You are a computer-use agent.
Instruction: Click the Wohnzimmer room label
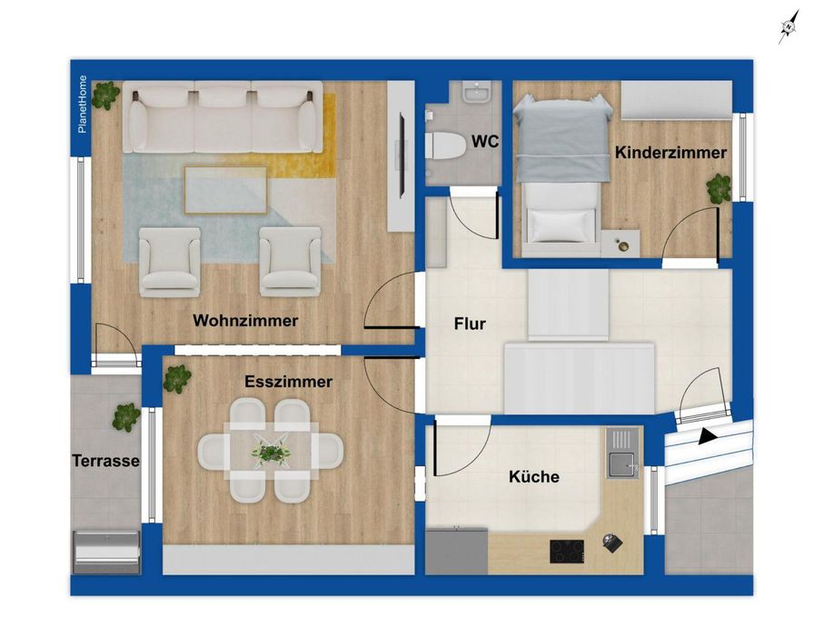tap(245, 321)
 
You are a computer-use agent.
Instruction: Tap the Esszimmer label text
tap(289, 382)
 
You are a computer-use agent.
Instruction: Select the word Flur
tap(470, 324)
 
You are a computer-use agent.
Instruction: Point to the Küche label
tap(534, 476)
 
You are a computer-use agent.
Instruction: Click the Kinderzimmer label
tap(670, 153)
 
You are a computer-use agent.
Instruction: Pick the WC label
tap(485, 142)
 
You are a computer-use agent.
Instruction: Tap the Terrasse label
tap(105, 461)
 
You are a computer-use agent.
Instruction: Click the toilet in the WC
tap(444, 145)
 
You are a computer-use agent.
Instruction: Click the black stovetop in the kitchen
tap(567, 552)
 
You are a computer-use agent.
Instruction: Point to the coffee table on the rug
tap(226, 190)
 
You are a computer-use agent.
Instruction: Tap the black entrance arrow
tap(708, 436)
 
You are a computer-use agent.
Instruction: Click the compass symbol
tap(789, 26)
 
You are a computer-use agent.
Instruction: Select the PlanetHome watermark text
tap(83, 104)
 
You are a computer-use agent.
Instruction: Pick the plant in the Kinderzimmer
tap(719, 189)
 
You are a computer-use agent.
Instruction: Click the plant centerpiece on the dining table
tap(271, 452)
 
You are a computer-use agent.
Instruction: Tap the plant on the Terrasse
tap(126, 417)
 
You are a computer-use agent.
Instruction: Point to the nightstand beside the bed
tap(620, 244)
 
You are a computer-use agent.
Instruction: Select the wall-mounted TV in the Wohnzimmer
tap(402, 155)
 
